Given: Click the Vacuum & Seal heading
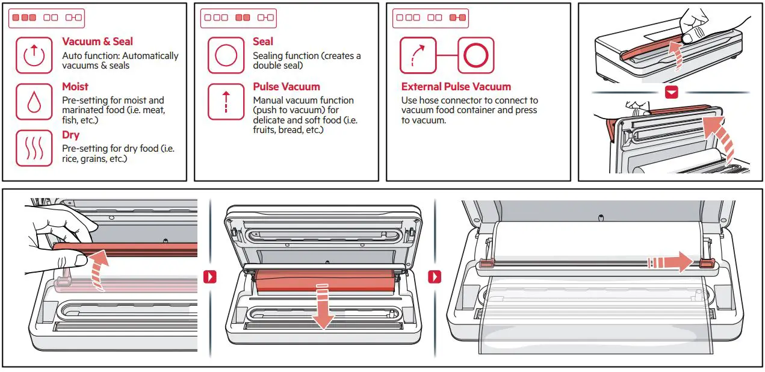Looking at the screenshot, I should (x=98, y=42).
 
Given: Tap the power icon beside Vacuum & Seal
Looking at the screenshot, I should (x=34, y=55).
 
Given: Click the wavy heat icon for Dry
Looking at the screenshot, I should (x=34, y=147).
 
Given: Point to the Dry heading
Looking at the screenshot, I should (x=70, y=135).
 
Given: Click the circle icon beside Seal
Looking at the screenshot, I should (x=226, y=55).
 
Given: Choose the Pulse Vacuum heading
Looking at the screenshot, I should (x=286, y=87).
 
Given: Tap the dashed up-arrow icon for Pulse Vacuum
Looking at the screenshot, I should (x=226, y=102).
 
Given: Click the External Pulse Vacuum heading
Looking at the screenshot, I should (x=456, y=87).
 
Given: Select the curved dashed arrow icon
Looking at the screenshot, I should (x=418, y=55).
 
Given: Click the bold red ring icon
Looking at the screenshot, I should (x=475, y=55).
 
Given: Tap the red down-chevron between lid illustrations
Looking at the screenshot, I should (x=671, y=93).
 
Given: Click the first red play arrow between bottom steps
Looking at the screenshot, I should (x=210, y=277).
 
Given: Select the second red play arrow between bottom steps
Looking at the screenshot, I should (x=434, y=277).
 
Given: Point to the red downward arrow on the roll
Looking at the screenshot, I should (x=323, y=306).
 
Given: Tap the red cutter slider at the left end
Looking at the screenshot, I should (x=487, y=263).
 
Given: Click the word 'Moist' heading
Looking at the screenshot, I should (x=75, y=87).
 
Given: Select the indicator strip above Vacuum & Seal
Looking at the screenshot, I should (x=46, y=17).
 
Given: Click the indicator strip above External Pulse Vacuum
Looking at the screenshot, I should (x=430, y=17).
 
